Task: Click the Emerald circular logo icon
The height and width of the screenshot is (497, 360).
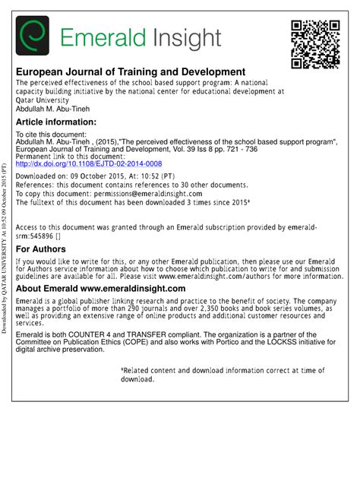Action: (x=33, y=36)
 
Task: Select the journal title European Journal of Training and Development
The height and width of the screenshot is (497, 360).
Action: (x=131, y=71)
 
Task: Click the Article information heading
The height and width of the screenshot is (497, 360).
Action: (x=56, y=122)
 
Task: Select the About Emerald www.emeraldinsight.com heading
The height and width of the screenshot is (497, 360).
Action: (x=100, y=289)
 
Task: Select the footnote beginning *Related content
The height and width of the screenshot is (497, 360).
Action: (x=223, y=373)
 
